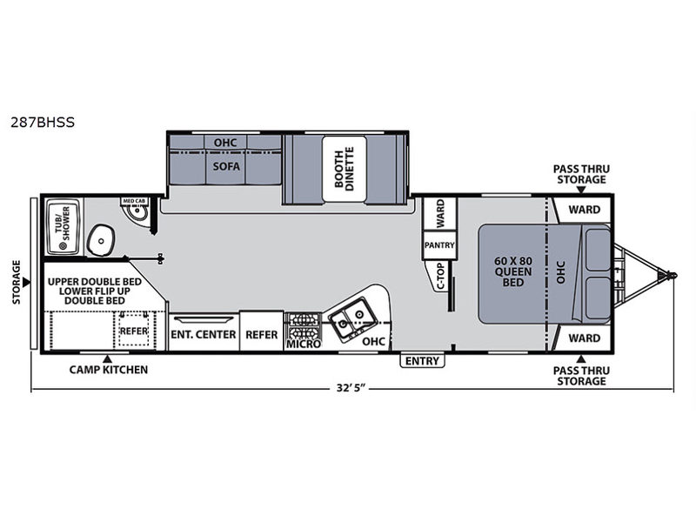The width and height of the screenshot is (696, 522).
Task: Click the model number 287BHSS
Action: [43, 122]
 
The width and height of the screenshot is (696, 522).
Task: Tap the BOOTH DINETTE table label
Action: [345, 169]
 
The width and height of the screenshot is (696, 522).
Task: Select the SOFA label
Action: [226, 166]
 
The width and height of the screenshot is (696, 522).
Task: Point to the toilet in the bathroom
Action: [101, 240]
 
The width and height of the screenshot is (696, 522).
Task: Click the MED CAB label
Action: [134, 201]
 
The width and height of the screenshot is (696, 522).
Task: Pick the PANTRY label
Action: [439, 245]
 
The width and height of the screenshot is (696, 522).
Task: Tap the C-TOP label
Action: [440, 276]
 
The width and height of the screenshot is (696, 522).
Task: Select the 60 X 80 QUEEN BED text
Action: [513, 271]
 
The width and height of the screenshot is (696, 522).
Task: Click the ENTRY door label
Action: [422, 361]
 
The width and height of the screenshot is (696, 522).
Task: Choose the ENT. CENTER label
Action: [204, 334]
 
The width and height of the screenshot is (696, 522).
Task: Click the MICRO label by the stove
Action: [304, 345]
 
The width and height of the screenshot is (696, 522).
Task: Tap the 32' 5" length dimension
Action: [351, 387]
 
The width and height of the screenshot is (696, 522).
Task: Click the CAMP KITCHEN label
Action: [108, 369]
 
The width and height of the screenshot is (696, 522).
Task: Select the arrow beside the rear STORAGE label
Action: [27, 282]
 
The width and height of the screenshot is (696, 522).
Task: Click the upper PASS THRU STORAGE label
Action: [581, 175]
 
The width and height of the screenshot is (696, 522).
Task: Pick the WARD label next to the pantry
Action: [440, 213]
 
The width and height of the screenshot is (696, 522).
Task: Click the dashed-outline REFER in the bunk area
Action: [134, 331]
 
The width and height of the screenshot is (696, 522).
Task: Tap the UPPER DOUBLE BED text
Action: [95, 281]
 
